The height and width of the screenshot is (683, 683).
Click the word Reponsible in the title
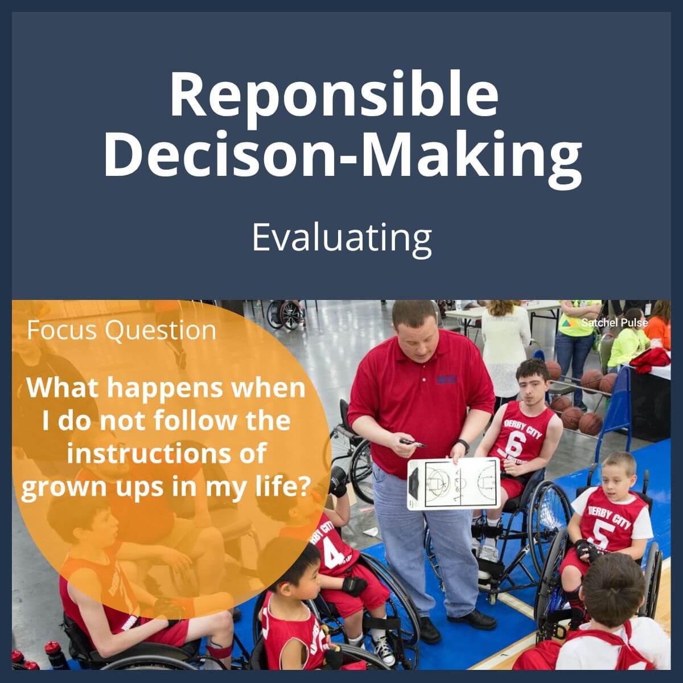334,95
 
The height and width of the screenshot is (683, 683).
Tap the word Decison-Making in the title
342,152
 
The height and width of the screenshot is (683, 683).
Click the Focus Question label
121,331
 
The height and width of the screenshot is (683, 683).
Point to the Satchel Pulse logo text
614,323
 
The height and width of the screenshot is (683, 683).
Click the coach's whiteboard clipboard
454,483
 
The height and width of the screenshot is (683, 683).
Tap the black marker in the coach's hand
413,443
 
